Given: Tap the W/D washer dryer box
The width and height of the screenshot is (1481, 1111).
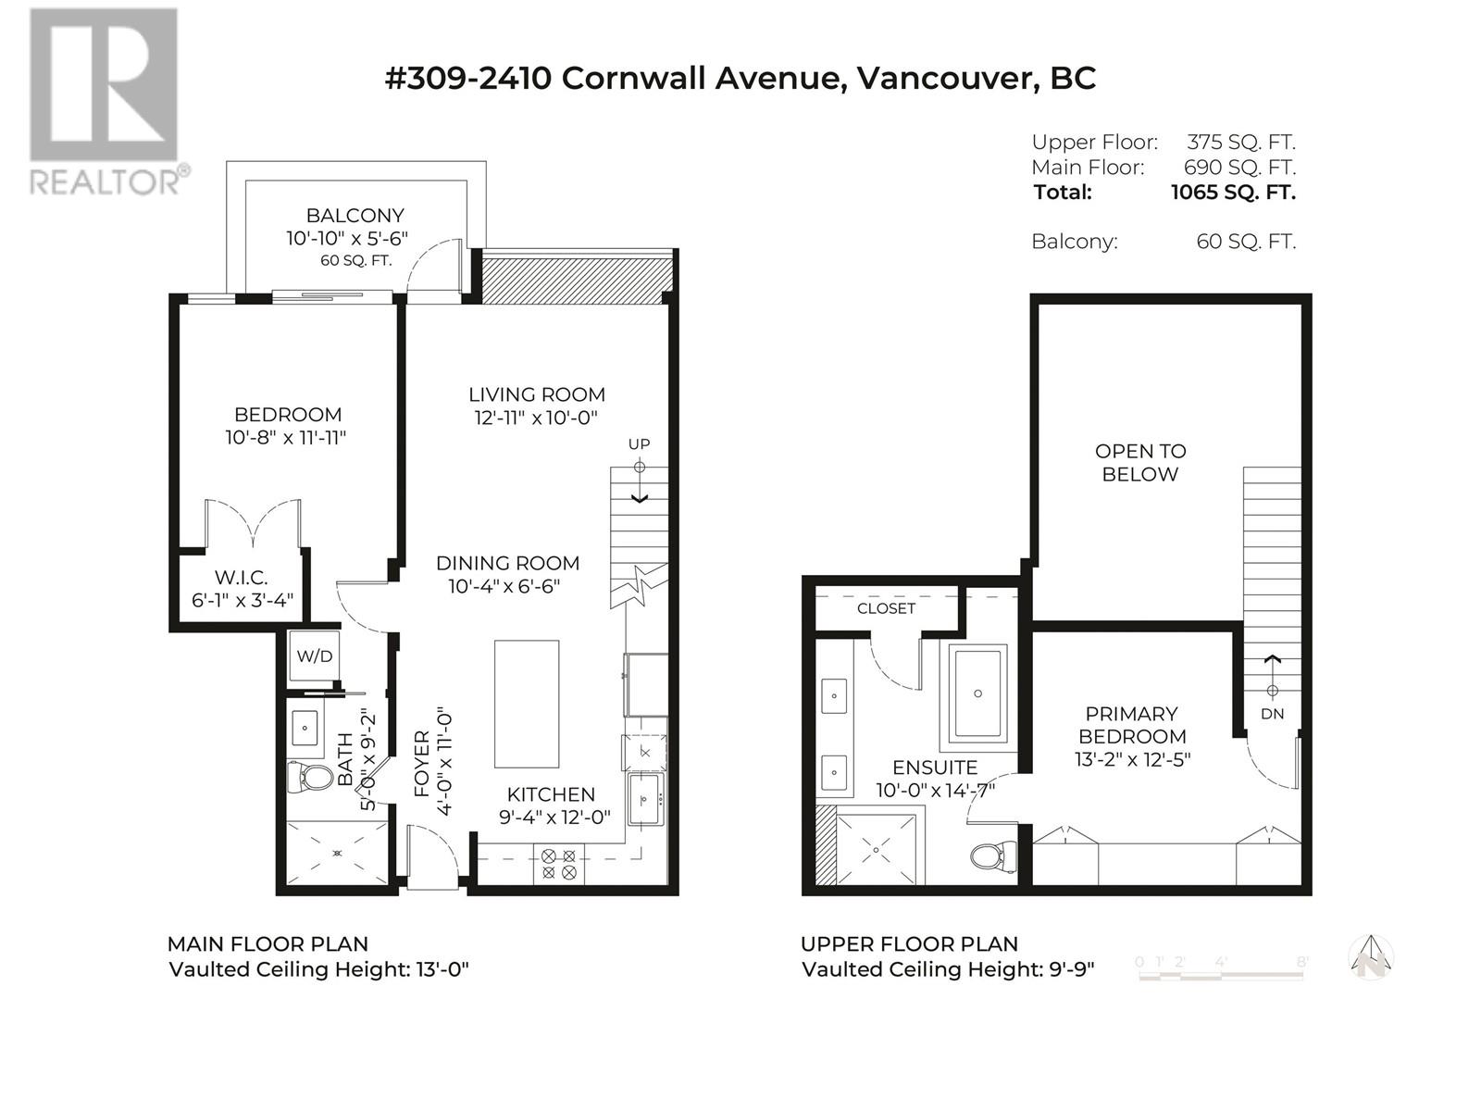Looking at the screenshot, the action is pos(315,655).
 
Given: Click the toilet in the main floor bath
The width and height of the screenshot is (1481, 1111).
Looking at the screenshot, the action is pos(310,777).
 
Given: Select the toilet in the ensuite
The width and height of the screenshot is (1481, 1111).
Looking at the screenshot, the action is pos(994,856).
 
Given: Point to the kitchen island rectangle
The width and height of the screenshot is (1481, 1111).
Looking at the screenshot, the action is pos(527,705).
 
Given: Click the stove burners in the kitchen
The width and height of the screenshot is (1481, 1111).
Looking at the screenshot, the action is pos(559,864).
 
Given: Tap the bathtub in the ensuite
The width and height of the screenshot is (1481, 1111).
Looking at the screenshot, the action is pos(977,693).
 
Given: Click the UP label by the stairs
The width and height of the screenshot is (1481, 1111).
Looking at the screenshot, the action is pos(639,443).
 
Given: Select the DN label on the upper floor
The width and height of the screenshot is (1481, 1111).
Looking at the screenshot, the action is pos(1273,714).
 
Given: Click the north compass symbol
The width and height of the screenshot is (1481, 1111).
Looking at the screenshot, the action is pos(1371,958).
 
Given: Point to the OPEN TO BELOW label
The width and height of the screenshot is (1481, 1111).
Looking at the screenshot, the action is pos(1140,463).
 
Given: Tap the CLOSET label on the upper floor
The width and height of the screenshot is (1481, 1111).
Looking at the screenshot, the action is pos(886,608).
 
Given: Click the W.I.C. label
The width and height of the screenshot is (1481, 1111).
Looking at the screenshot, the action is pos(242,578).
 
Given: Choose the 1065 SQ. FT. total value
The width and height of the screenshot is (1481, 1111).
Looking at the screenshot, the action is pos(1233,193).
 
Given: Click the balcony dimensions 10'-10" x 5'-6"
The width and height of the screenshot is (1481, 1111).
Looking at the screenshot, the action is pos(347,238).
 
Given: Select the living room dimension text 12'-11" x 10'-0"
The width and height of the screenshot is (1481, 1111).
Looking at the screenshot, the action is pos(536,418).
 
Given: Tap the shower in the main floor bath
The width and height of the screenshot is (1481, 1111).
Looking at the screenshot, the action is pos(337,853).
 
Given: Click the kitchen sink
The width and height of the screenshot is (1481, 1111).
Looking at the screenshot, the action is pos(645,800).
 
